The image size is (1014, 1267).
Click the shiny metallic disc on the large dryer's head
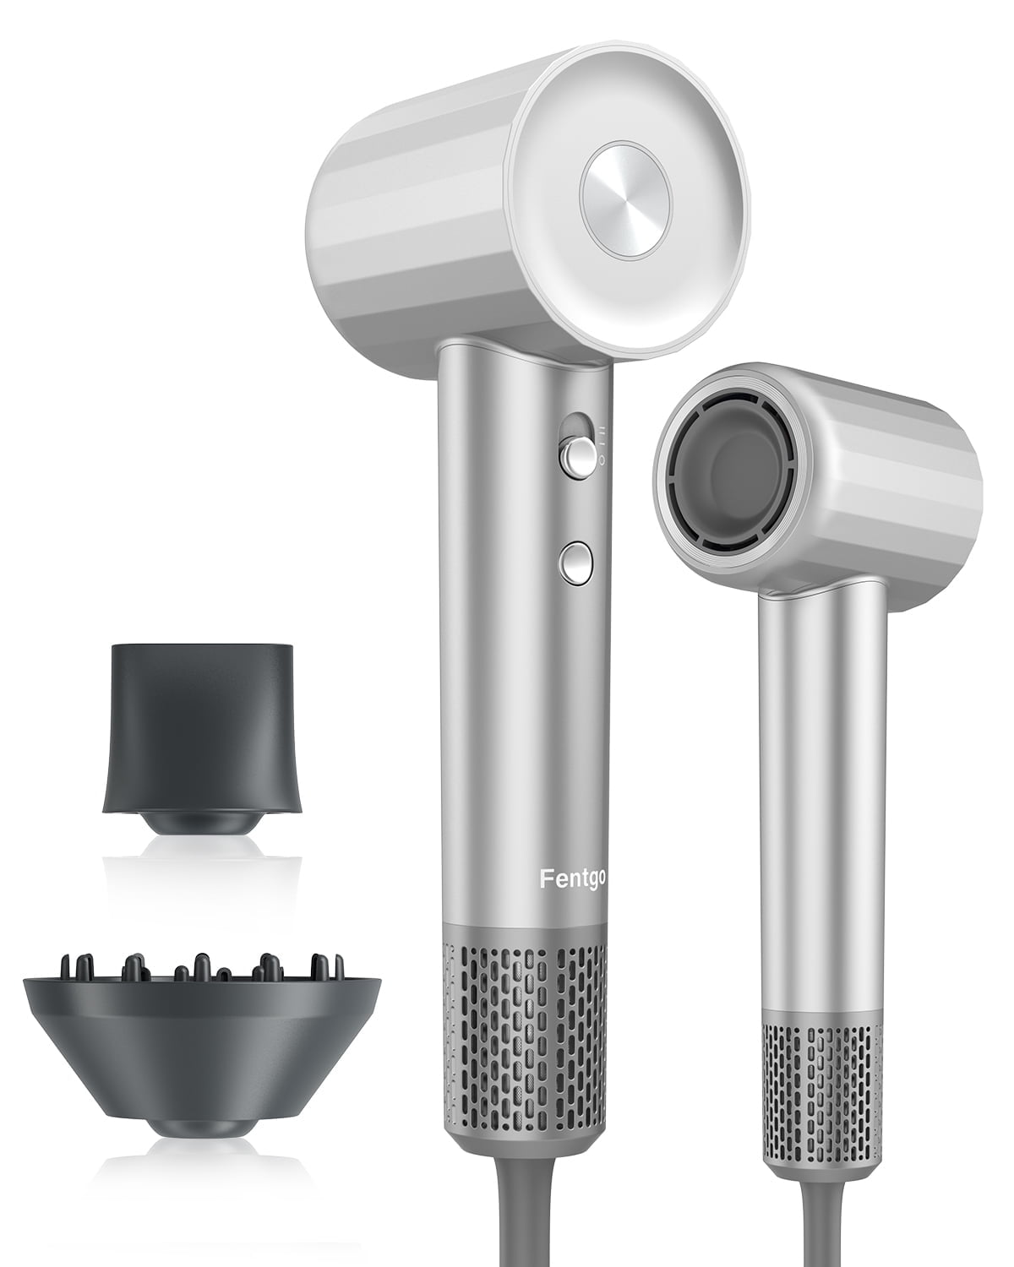pos(625,199)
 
